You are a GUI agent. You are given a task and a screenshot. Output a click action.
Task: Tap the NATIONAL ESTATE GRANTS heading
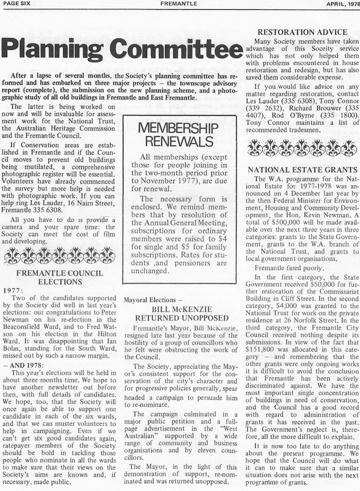coord(302,170)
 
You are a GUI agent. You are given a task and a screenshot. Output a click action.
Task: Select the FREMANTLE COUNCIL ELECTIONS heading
coord(60,277)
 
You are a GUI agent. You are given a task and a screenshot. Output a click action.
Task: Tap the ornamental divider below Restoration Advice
coord(302,148)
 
